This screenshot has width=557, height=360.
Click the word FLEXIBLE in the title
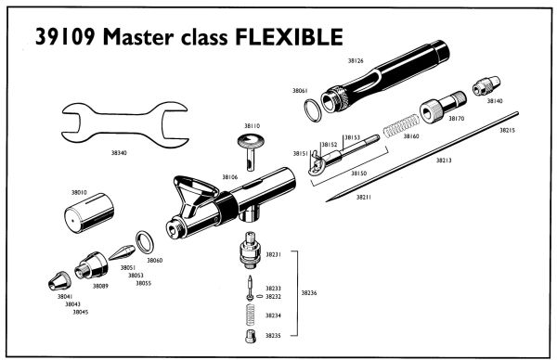pos(289,36)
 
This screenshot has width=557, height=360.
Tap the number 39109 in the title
pos(65,36)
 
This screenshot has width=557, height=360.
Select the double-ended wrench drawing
pos(124,125)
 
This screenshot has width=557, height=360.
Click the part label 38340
pos(119,153)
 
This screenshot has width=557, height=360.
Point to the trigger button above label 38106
pos(252,150)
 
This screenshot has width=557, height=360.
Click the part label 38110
pos(252,126)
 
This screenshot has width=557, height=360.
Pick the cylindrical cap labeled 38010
pos(89,213)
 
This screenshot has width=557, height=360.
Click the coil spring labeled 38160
pos(402,124)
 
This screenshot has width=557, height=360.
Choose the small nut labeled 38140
pos(486,85)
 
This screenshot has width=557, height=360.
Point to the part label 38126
pos(356,61)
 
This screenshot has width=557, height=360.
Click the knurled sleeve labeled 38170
pos(443,106)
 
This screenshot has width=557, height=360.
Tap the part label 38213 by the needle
pos(444,161)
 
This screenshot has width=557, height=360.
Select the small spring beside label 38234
pos(252,315)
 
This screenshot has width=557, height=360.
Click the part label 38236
pos(309,293)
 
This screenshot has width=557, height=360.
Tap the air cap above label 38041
pos(59,281)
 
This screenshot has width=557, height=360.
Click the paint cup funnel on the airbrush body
pos(194,195)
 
